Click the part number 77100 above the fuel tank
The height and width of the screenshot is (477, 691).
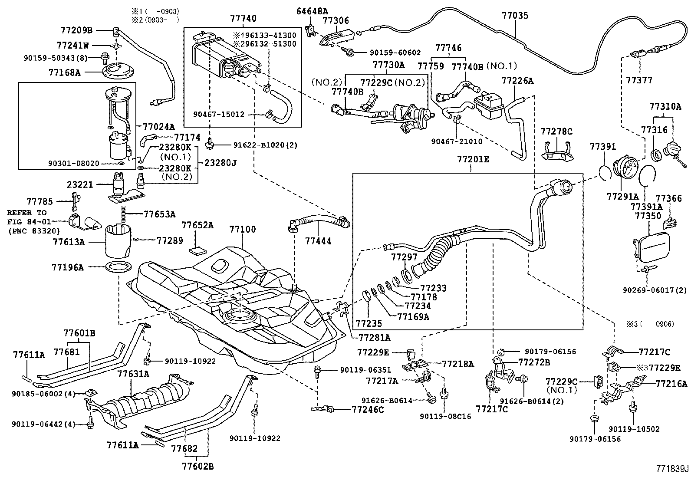point(243,229)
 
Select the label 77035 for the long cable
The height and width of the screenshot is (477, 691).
point(515,16)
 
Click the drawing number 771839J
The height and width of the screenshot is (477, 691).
point(672,469)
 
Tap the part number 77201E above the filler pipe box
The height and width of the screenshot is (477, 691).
point(473,160)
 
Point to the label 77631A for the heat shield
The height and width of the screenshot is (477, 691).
point(133,374)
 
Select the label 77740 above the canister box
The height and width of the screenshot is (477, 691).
point(243,18)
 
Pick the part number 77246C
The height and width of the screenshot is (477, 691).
point(368,409)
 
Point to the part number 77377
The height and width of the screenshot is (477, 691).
point(639,80)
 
